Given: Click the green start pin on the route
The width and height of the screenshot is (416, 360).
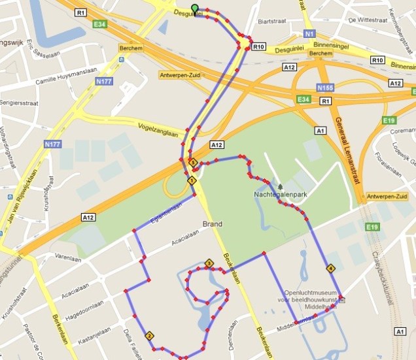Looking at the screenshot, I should coord(194,8).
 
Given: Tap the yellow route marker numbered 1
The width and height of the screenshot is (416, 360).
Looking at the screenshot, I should coord(192,180).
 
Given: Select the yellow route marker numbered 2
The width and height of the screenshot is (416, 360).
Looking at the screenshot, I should coord(150,336).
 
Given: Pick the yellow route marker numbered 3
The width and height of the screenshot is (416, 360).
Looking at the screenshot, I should coord(209,263).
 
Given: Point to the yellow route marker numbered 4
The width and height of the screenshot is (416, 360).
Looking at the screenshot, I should coord(331,268).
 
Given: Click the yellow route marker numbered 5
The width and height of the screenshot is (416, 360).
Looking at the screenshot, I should coord(192,162).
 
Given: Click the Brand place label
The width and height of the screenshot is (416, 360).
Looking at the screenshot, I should coord(213,224).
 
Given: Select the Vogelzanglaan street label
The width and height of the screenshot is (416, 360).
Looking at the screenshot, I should coord(159,130).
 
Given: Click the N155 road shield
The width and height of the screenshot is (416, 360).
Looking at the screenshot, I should coord(325,88).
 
